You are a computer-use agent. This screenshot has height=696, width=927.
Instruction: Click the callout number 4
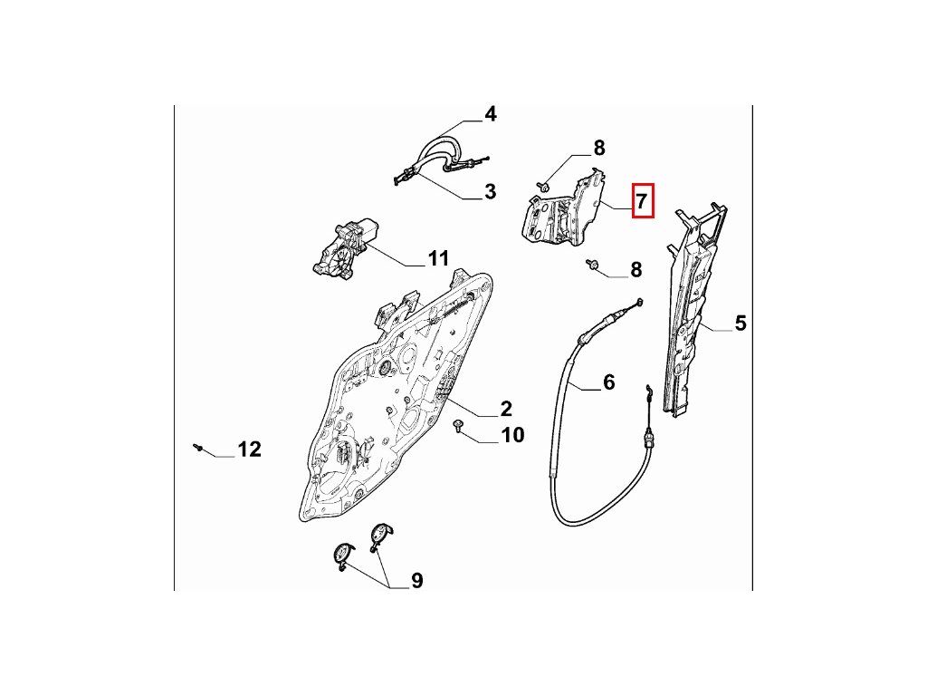(x=490, y=114)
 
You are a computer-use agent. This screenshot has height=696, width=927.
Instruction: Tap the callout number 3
(x=490, y=191)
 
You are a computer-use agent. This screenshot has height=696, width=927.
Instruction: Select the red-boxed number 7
(x=642, y=200)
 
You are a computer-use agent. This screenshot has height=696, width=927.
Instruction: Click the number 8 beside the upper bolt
(x=599, y=148)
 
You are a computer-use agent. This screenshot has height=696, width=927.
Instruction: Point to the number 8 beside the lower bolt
(x=636, y=269)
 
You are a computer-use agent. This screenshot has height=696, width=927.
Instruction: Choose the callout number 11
(x=438, y=259)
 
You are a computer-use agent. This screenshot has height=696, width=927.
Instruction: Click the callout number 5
(x=741, y=322)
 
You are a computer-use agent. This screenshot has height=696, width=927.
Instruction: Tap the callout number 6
(x=608, y=382)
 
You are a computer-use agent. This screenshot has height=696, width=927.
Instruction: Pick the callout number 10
(x=512, y=436)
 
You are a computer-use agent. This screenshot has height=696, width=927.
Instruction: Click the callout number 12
(x=249, y=449)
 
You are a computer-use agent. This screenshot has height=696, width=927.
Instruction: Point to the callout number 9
(x=416, y=581)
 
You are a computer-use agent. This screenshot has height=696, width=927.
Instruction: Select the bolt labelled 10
(x=458, y=426)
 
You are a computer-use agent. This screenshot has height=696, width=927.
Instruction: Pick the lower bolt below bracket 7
(x=593, y=264)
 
